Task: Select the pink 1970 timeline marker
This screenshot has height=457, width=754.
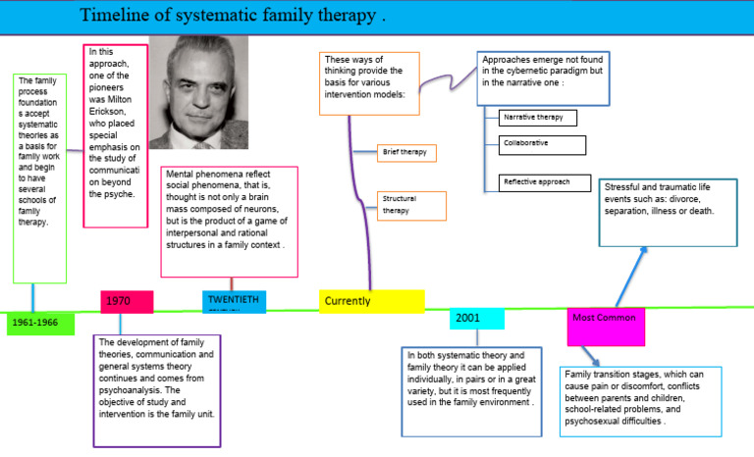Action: coord(127,302)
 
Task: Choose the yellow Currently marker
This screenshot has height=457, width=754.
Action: coord(371,301)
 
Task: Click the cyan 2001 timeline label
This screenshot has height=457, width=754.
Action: coord(477,319)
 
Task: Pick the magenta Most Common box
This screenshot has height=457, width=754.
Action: coord(606,326)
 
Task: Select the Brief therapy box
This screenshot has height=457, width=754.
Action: coord(406,153)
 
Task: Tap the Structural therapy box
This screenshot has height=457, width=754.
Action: coord(411,205)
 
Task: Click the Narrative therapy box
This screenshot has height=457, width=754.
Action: coord(537,118)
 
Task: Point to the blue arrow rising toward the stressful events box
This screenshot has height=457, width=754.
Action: coord(630,275)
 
